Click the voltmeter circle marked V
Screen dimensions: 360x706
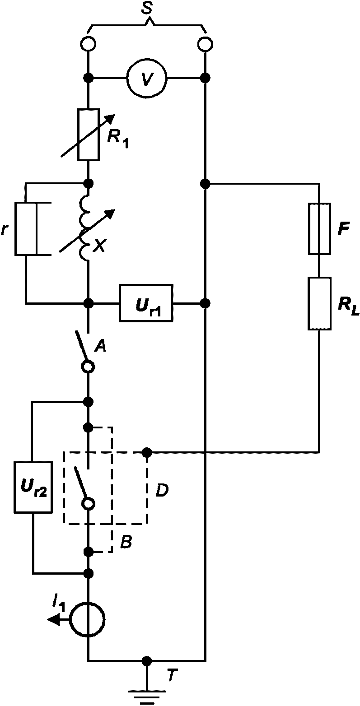click(x=146, y=78)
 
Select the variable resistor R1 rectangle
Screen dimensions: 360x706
click(x=89, y=135)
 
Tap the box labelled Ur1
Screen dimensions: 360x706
click(x=146, y=303)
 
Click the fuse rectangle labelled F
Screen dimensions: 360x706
click(x=320, y=228)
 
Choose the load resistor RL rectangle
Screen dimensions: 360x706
click(x=320, y=303)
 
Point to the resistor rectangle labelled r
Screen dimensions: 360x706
click(x=26, y=229)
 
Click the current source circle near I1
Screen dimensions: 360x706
click(x=87, y=619)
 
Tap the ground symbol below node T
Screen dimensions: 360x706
click(x=146, y=697)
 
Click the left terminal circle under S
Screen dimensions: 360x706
click(x=89, y=44)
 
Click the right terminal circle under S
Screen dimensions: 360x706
click(x=205, y=44)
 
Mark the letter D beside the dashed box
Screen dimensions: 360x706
click(x=162, y=490)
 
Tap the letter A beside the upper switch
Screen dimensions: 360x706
click(x=100, y=346)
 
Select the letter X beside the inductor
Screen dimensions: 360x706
click(x=99, y=246)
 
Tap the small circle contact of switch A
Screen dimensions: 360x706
click(x=89, y=366)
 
